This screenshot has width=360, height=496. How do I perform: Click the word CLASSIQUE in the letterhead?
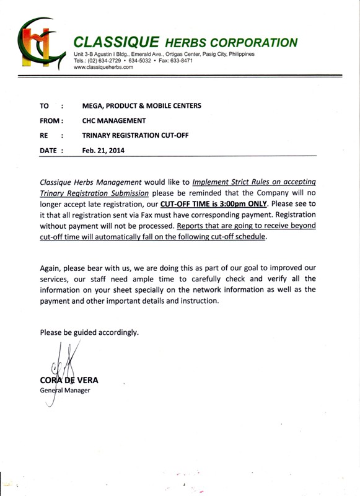click(115, 42)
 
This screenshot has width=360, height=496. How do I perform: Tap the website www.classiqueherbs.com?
click(103, 67)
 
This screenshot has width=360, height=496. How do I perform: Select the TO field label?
click(44, 106)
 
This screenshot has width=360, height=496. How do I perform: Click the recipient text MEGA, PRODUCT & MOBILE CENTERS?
click(141, 106)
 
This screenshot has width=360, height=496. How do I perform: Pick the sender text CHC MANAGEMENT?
click(114, 120)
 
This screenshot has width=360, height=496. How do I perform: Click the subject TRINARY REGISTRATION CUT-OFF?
click(135, 135)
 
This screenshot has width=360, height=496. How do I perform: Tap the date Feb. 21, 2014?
click(103, 149)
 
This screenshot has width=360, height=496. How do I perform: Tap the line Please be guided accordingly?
click(89, 332)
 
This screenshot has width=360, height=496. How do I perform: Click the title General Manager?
click(65, 390)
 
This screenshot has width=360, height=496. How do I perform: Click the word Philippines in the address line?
click(236, 55)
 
